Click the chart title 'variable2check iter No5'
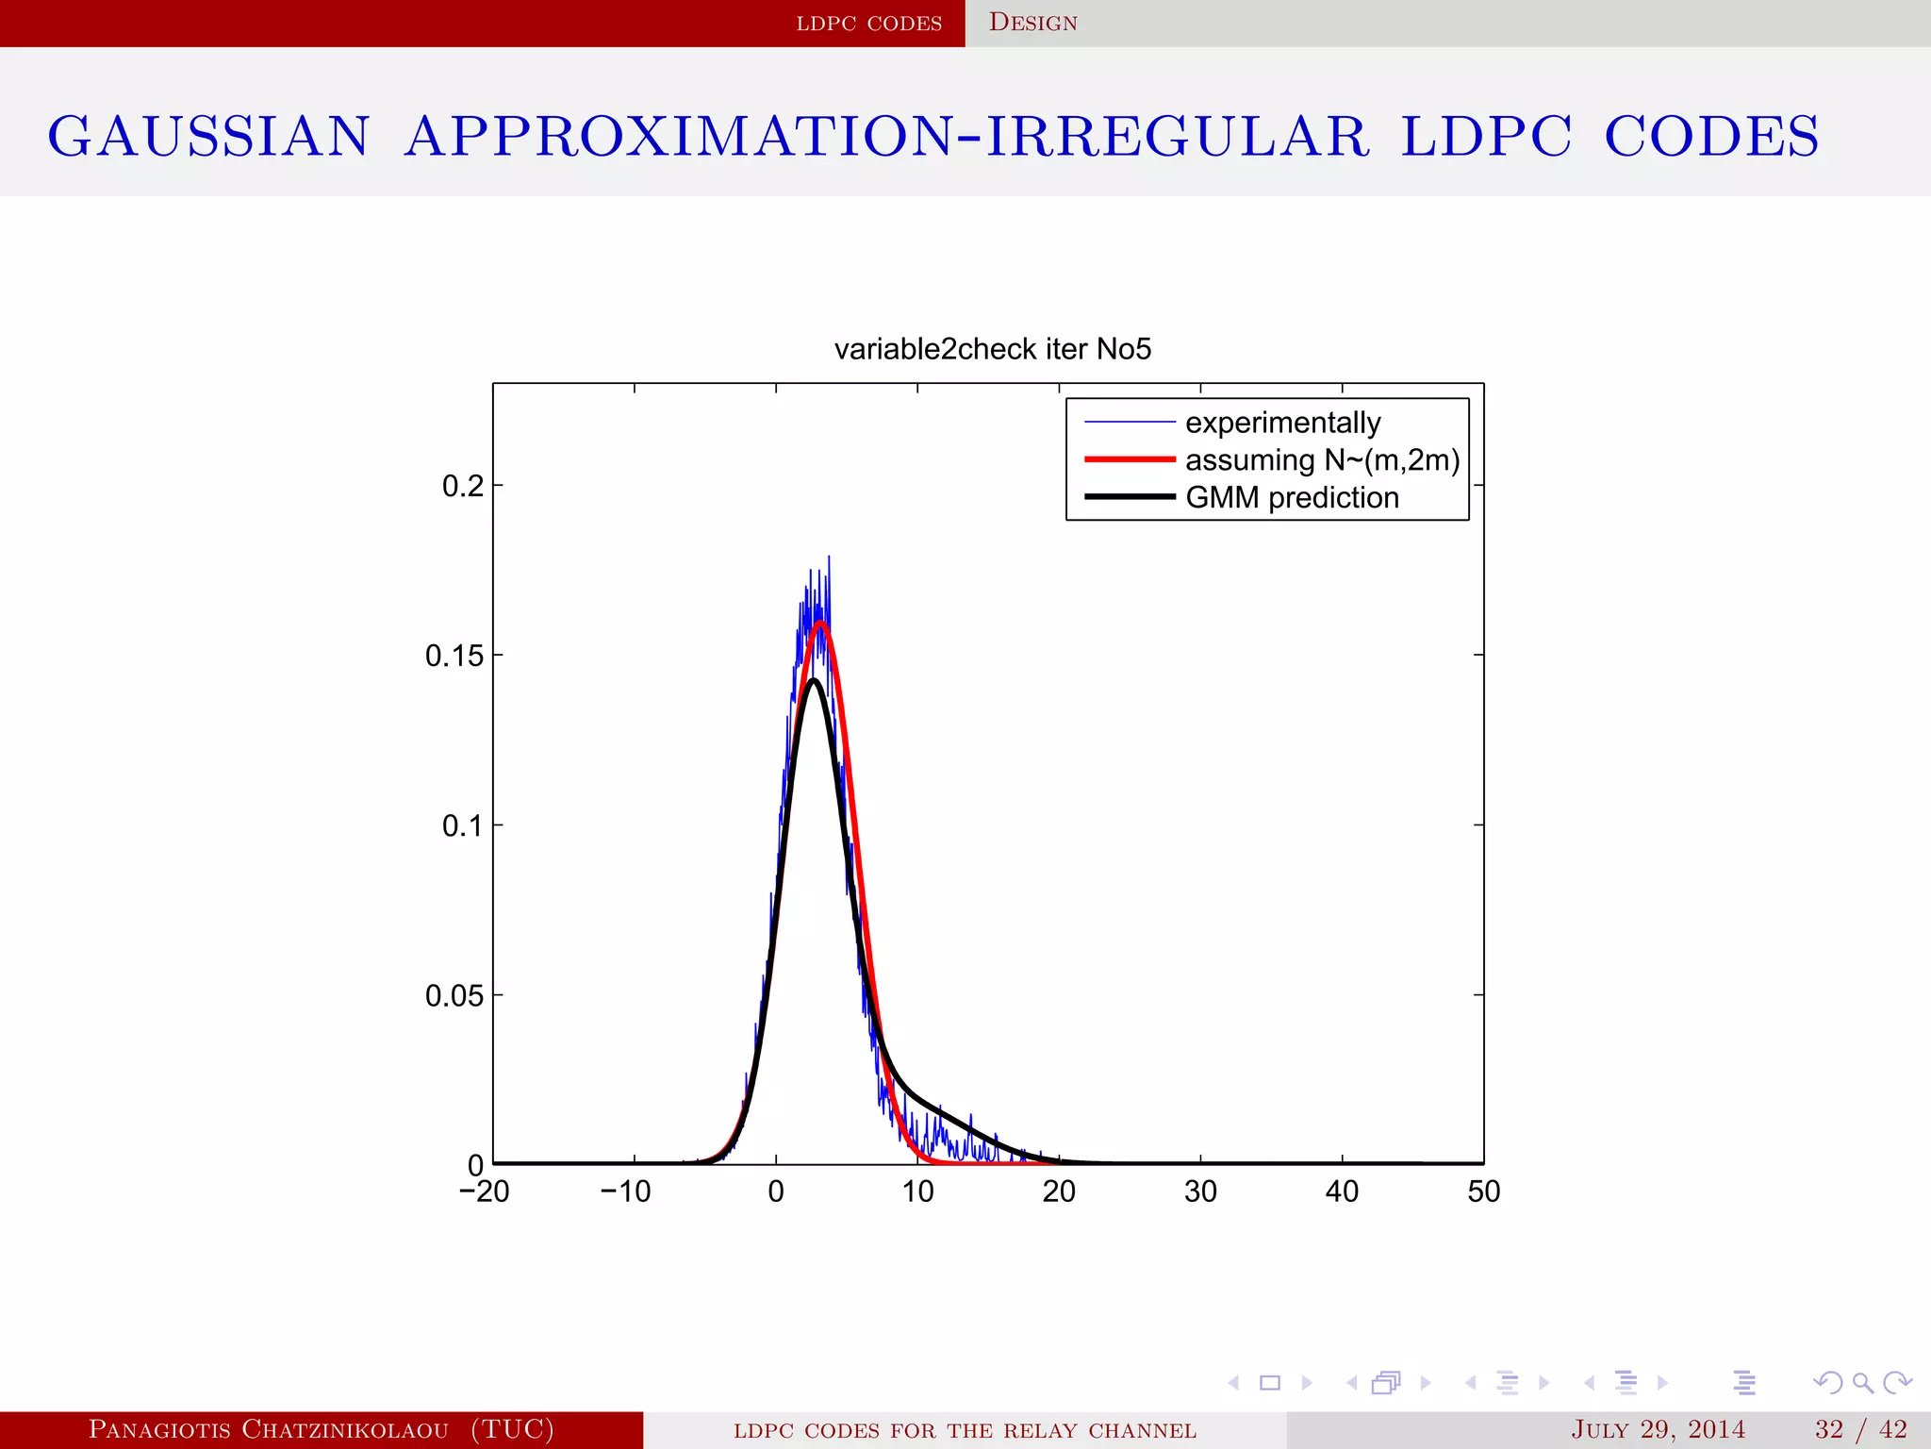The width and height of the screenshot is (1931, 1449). point(992,349)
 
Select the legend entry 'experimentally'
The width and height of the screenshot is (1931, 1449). point(1282,423)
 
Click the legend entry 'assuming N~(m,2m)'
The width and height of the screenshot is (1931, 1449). point(1322,460)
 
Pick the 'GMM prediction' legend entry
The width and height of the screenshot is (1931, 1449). point(1292,497)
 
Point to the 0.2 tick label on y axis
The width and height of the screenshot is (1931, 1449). point(462,486)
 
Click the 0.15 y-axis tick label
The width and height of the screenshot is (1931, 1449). point(454,656)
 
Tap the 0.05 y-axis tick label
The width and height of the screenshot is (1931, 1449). point(454,995)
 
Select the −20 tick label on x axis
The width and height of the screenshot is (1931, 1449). point(484,1191)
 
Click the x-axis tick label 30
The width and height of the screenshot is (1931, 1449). point(1200,1191)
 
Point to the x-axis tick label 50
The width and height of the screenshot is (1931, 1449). point(1483,1191)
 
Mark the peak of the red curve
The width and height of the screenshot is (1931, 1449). point(821,623)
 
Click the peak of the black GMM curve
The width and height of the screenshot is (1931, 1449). point(813,679)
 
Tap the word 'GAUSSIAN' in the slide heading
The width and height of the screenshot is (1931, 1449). point(208,136)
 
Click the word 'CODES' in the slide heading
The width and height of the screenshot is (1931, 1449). point(1711,136)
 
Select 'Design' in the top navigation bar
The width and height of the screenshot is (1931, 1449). point(1032,23)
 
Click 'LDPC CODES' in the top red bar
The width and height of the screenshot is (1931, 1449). point(868,23)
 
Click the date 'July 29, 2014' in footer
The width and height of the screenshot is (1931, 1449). point(1658,1429)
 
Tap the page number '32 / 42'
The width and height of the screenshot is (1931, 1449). point(1860,1429)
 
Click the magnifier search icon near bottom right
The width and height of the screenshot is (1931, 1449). point(1862,1383)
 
